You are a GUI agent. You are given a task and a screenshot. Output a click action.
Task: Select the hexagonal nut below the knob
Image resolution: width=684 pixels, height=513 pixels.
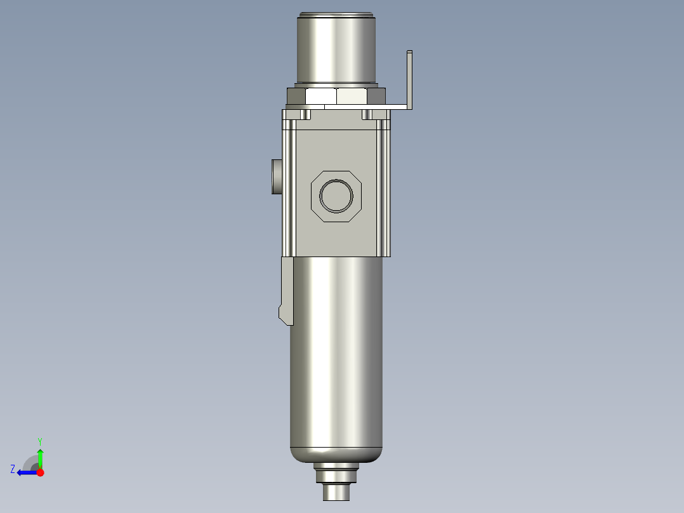pos(336,96)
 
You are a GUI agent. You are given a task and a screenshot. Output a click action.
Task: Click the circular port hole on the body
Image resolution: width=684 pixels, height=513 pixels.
pos(336,196)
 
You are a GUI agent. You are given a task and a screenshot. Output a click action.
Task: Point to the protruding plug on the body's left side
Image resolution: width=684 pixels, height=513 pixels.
pos(276,177)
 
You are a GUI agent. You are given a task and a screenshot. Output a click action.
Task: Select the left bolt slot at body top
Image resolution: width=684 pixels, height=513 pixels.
pos(305,115)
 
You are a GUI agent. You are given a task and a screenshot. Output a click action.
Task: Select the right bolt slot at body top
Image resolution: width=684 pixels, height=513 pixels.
pos(367,115)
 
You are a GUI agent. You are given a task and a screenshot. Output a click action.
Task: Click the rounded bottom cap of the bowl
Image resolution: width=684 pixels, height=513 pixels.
pos(336,454)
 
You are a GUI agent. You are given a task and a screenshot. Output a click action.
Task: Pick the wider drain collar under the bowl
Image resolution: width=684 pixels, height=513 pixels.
pos(336,473)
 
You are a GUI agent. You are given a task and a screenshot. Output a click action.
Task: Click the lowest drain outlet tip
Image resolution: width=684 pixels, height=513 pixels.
pos(336,492)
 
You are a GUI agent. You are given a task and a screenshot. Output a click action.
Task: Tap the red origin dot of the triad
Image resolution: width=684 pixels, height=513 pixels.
pos(40,472)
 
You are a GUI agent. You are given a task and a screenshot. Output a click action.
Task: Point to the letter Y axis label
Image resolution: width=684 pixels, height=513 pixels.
pos(40,441)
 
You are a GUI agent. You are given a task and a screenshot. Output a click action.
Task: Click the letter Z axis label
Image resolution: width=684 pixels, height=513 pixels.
pos(13,469)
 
